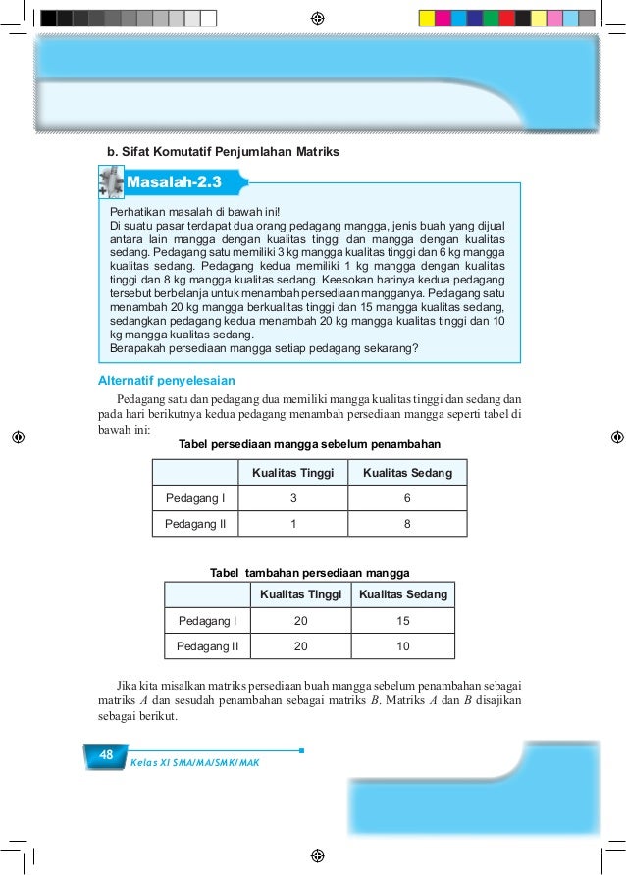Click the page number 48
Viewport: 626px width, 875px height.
(x=106, y=754)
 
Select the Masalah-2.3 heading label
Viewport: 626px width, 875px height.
(x=175, y=182)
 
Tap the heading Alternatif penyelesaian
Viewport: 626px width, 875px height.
(x=167, y=381)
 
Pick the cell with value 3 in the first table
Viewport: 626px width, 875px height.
(x=293, y=498)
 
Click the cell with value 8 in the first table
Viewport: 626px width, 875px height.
(x=407, y=524)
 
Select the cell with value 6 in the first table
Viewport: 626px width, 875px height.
(x=407, y=498)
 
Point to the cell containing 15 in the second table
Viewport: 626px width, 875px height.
(x=402, y=621)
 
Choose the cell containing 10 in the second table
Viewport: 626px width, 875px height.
(x=402, y=646)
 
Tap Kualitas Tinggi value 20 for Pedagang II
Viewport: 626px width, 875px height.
(x=300, y=646)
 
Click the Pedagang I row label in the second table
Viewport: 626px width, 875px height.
(x=207, y=621)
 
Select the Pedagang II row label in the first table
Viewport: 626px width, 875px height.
(x=195, y=524)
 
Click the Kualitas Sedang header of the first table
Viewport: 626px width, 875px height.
(x=407, y=473)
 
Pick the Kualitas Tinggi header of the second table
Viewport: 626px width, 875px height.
(x=300, y=594)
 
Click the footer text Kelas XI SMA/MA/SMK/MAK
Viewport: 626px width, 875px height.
(x=194, y=762)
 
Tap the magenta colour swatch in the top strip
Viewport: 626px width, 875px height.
(x=443, y=18)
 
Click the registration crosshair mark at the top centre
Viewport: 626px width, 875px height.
(x=316, y=18)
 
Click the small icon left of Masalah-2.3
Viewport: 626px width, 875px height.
(x=110, y=182)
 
